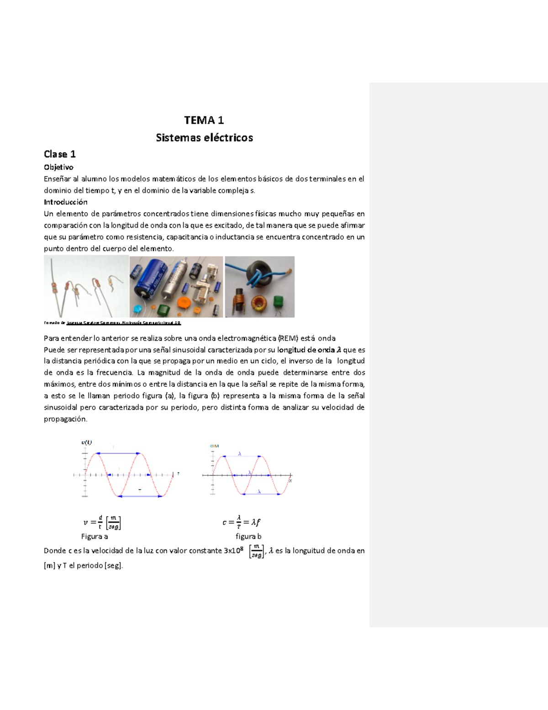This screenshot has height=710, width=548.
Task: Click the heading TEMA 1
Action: (204, 120)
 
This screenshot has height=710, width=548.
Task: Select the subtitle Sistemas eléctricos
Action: (204, 138)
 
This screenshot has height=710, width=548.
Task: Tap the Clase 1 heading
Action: (59, 154)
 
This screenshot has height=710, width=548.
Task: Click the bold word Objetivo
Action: (58, 167)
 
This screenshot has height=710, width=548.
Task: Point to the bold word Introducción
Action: (65, 202)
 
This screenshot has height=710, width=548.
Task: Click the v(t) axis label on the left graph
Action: (86, 442)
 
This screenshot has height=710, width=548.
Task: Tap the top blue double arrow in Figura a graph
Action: (117, 454)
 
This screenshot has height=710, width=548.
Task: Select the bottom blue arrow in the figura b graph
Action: (261, 494)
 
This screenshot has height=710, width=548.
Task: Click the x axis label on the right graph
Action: (290, 480)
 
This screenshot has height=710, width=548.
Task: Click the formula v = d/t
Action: (101, 522)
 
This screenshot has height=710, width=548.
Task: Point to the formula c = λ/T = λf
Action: (241, 522)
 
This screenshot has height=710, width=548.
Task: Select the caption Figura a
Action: (95, 536)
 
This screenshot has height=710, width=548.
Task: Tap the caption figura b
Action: (248, 536)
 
